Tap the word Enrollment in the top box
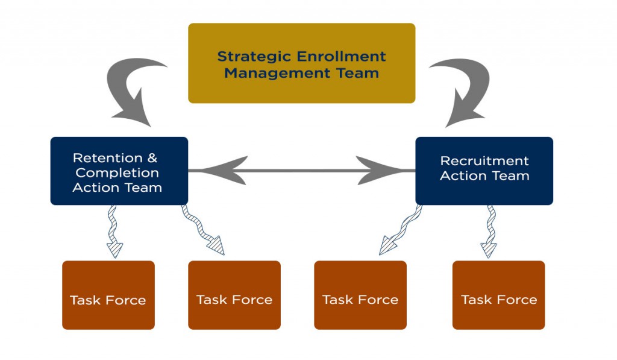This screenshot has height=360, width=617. pos(341,56)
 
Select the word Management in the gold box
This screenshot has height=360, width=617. pos(277,74)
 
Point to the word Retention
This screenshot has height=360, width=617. pos(107,158)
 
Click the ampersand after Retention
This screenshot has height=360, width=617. pos(152,158)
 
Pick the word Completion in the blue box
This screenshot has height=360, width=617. pos(117,173)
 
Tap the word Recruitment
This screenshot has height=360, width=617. pos(484,160)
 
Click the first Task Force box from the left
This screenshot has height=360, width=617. pos(108,295)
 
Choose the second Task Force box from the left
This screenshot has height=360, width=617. pos(234,295)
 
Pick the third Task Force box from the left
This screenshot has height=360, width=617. pos(360,295)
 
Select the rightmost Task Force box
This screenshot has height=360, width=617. pos(498,295)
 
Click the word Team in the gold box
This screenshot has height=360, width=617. pos(357,74)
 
